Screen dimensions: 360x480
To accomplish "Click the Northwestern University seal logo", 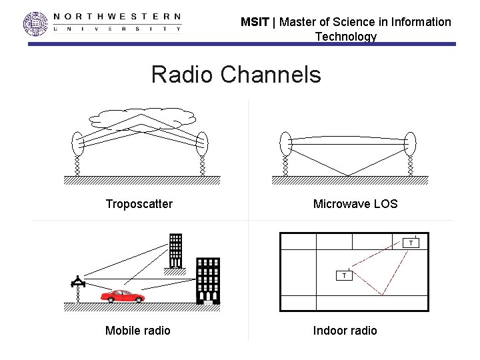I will tap(36, 23).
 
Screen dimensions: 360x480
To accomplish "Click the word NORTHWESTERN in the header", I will tap(117, 16).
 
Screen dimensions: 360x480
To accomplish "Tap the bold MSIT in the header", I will tap(255, 22).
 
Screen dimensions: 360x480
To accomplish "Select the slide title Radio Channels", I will tap(236, 74).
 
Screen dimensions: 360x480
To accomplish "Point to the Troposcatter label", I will tap(139, 204).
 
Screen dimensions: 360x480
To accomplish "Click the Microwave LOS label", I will tap(355, 204).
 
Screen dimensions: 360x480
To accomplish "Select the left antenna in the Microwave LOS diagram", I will tap(286, 143).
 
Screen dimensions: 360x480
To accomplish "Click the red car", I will tap(123, 295).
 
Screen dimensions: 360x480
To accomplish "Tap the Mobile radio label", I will tap(138, 331).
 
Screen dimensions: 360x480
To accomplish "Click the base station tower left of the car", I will tap(78, 285).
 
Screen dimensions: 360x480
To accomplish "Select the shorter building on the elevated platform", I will tap(176, 249).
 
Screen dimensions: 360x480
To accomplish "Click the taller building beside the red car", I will tap(208, 280).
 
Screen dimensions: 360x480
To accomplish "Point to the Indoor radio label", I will tap(345, 331).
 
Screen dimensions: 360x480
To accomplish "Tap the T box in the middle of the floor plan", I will tap(344, 275).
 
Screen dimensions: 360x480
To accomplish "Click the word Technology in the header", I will tap(345, 37).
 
